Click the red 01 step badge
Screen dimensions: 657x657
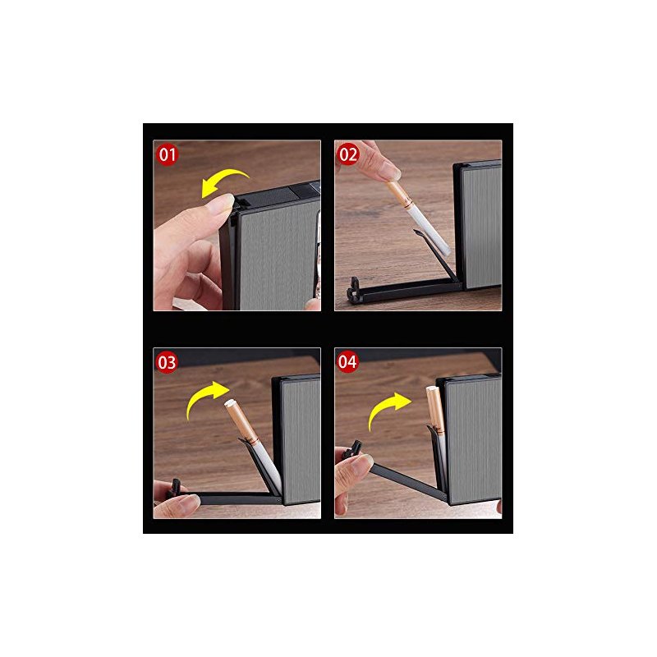(x=168, y=154)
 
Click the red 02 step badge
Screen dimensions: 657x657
(x=348, y=154)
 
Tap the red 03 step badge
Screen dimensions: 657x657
(x=168, y=362)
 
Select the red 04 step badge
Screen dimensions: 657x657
(x=347, y=361)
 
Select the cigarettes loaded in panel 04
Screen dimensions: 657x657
(x=436, y=411)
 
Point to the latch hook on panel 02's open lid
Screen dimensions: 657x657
(x=354, y=289)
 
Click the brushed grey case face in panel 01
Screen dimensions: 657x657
(x=278, y=255)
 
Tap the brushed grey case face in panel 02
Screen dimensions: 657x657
(x=482, y=227)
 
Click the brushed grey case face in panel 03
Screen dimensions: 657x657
(x=301, y=440)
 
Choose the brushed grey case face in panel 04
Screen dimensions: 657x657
(x=474, y=440)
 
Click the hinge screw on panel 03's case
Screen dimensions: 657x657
(x=278, y=500)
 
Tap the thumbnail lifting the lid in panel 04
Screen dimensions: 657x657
(x=364, y=462)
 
